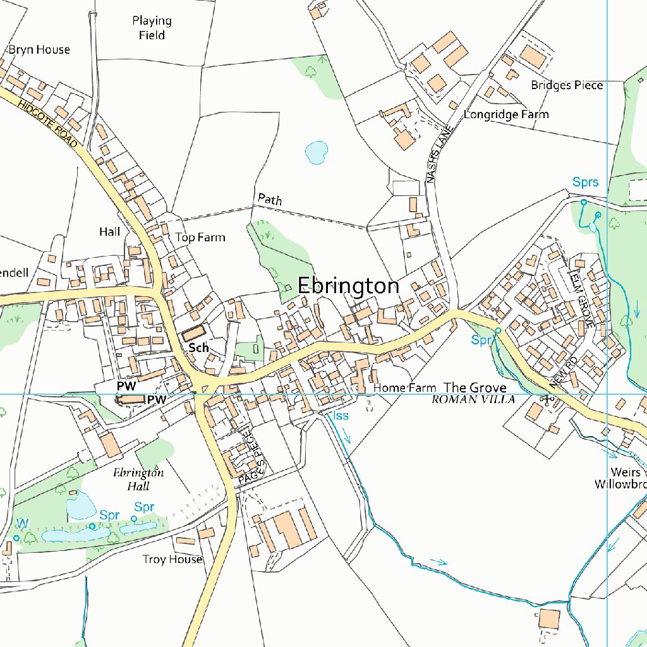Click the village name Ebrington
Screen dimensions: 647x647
[x=348, y=286]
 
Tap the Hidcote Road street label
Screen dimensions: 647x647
[x=47, y=124]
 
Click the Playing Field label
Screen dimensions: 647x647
[x=152, y=28]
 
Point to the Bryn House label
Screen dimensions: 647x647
[x=39, y=50]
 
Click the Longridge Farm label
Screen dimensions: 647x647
[x=506, y=115]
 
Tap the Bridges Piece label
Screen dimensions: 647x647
[x=567, y=85]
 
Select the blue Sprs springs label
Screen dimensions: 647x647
[x=585, y=183]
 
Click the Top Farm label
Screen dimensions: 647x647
[x=200, y=238]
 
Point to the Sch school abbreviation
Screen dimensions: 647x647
[x=198, y=348]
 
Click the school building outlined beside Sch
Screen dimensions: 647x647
[x=194, y=332]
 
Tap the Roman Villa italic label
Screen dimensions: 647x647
[x=473, y=400]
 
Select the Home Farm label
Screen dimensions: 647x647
[x=405, y=387]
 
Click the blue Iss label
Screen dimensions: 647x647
[x=341, y=416]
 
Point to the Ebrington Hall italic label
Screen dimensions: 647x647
[x=138, y=480]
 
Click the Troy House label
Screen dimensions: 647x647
[x=172, y=559]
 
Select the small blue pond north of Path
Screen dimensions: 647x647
[x=316, y=152]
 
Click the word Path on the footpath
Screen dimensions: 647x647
[x=270, y=200]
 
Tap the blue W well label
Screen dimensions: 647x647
[x=22, y=523]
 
